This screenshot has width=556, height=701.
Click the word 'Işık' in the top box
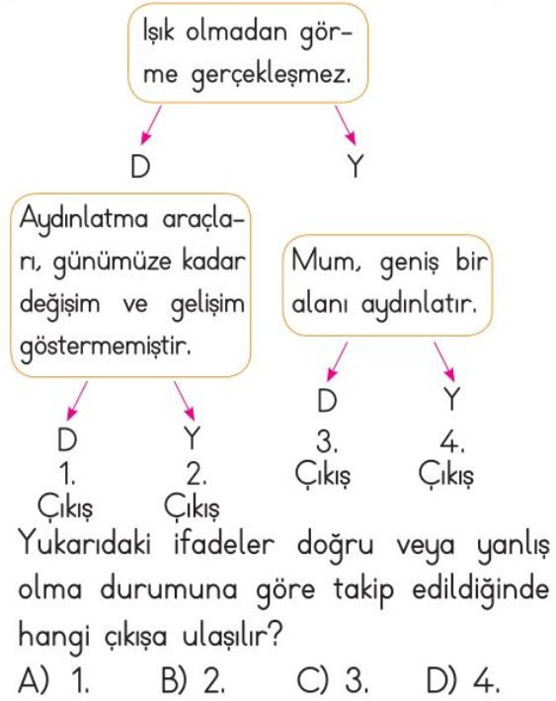click(x=159, y=33)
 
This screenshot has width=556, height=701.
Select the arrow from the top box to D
click(x=150, y=125)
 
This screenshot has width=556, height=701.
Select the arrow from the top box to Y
click(x=346, y=125)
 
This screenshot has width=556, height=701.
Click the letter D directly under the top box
click(x=140, y=166)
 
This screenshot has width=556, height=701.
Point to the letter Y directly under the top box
click(x=356, y=166)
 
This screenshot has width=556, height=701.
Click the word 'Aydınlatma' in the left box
click(x=84, y=220)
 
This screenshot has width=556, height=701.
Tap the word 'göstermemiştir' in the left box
click(x=105, y=346)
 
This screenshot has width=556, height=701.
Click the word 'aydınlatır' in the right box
click(x=419, y=306)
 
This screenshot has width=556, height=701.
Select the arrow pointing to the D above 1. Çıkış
click(x=76, y=401)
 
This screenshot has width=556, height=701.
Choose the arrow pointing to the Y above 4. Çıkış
click(x=444, y=362)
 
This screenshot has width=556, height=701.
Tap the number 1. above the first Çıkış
click(x=67, y=474)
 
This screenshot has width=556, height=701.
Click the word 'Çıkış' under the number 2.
click(x=192, y=507)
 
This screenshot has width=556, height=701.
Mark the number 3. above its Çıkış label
click(x=327, y=441)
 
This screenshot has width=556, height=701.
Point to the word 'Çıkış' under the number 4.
click(x=445, y=475)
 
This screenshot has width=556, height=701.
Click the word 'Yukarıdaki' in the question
click(x=85, y=545)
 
